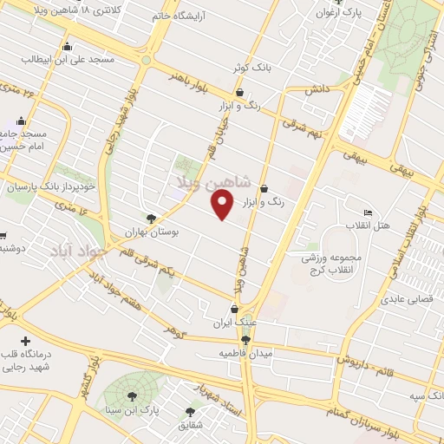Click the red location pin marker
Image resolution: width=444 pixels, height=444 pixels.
coord(222,204)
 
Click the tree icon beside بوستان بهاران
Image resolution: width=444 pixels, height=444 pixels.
coord(152,219)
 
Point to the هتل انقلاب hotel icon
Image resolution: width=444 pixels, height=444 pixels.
coord(368,212)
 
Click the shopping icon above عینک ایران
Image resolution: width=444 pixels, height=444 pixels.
coord(233,309)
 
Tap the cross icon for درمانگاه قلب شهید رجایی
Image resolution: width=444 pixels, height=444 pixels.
coord(25,342)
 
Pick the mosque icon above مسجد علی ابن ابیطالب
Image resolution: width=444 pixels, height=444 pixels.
coord(67,47)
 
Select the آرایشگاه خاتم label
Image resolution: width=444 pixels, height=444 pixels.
coord(181,15)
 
